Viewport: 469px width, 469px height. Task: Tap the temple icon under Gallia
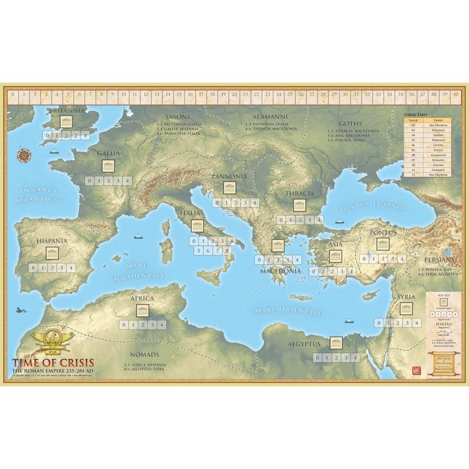108,166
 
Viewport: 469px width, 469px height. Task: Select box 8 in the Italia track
226,251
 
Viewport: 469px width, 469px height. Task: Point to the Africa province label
143,298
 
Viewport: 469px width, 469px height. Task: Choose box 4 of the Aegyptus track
355,358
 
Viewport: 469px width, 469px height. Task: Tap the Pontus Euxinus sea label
373,207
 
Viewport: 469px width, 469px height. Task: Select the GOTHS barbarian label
351,124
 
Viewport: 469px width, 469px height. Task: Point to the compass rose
25,155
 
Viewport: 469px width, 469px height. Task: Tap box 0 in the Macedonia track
259,260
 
